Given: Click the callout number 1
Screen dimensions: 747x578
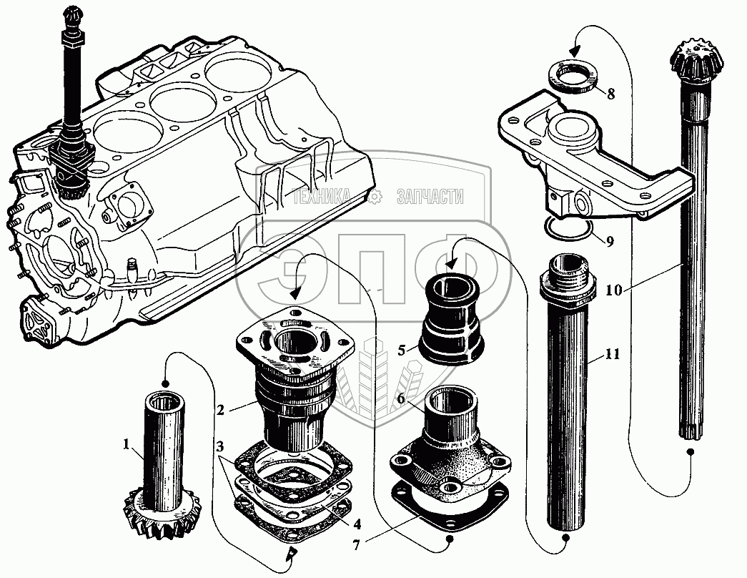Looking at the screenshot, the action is click(x=127, y=445).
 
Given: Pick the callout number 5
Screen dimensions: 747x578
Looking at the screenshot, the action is click(x=402, y=350).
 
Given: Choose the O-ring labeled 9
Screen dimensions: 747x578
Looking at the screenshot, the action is click(x=568, y=229).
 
